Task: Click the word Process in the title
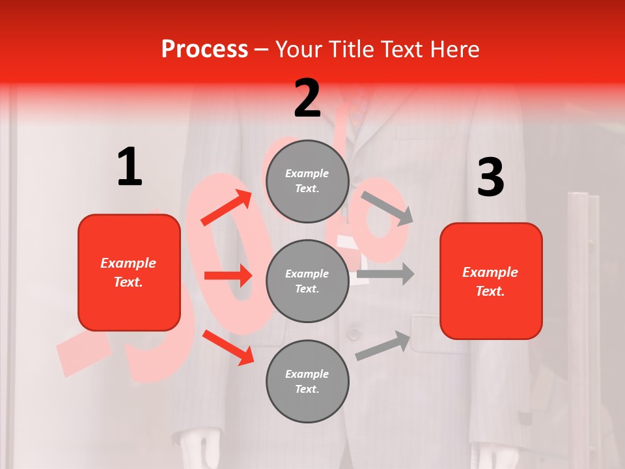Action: coord(204,50)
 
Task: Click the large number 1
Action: coord(130,167)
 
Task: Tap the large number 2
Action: coord(307,98)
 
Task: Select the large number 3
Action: coord(490,178)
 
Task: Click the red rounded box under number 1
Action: coord(129,272)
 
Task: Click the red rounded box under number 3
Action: coord(491,281)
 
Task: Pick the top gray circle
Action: coord(307,181)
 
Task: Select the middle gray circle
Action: coord(307,281)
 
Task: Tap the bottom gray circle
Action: coord(307,381)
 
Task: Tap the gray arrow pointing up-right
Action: coord(383,346)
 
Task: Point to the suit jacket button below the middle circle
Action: coord(354,334)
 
